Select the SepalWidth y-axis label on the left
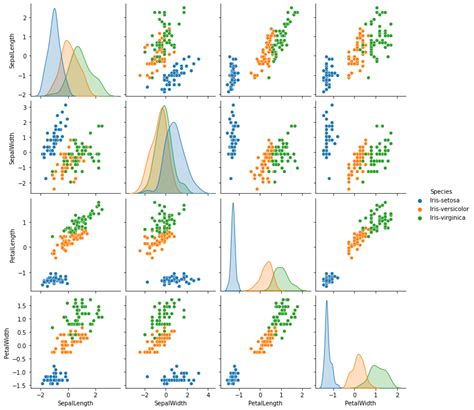tap(7, 146)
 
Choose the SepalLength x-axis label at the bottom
tap(72, 404)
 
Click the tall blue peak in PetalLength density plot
tap(233, 205)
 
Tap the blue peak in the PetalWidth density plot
tap(327, 302)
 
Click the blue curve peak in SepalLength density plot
tap(53, 11)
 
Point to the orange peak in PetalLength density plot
tap(268, 263)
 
